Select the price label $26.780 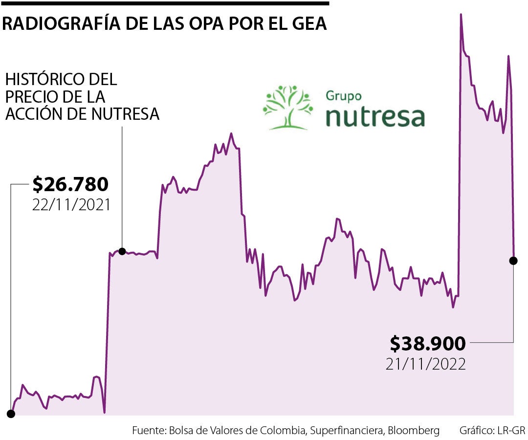click(70, 185)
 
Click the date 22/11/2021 click(71, 204)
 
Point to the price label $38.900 click(428, 344)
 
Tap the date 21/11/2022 click(426, 364)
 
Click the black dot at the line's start click(11, 414)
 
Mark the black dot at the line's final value click(513, 261)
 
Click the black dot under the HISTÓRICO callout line click(122, 251)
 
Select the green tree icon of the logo click(288, 108)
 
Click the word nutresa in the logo click(375, 116)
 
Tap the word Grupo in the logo click(343, 95)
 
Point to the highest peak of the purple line click(461, 15)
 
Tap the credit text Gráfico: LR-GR click(492, 431)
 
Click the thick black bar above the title click(164, 3)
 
